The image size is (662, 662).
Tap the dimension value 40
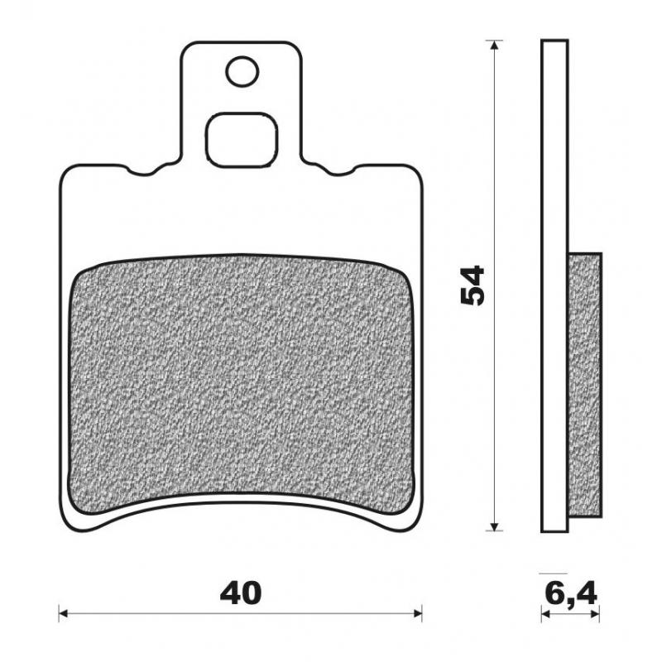pos(241,592)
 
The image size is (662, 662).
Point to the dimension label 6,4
pos(570,592)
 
